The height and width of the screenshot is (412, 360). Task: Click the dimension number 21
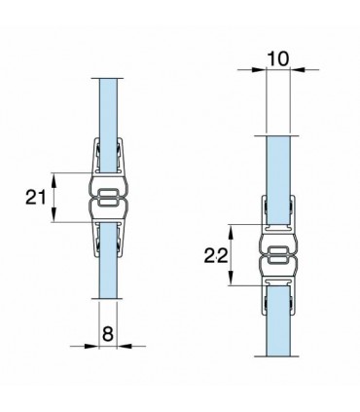(35, 197)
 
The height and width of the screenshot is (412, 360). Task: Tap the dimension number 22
(216, 257)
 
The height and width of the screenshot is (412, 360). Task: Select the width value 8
(108, 334)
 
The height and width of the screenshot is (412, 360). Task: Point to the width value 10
(278, 59)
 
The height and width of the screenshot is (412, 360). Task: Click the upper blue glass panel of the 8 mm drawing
(109, 126)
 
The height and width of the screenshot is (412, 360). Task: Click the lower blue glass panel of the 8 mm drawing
(108, 260)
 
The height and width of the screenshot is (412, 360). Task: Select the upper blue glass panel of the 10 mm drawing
(277, 180)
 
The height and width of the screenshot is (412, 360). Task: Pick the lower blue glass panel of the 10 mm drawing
(278, 320)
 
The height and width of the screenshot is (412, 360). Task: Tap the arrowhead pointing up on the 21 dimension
(54, 179)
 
